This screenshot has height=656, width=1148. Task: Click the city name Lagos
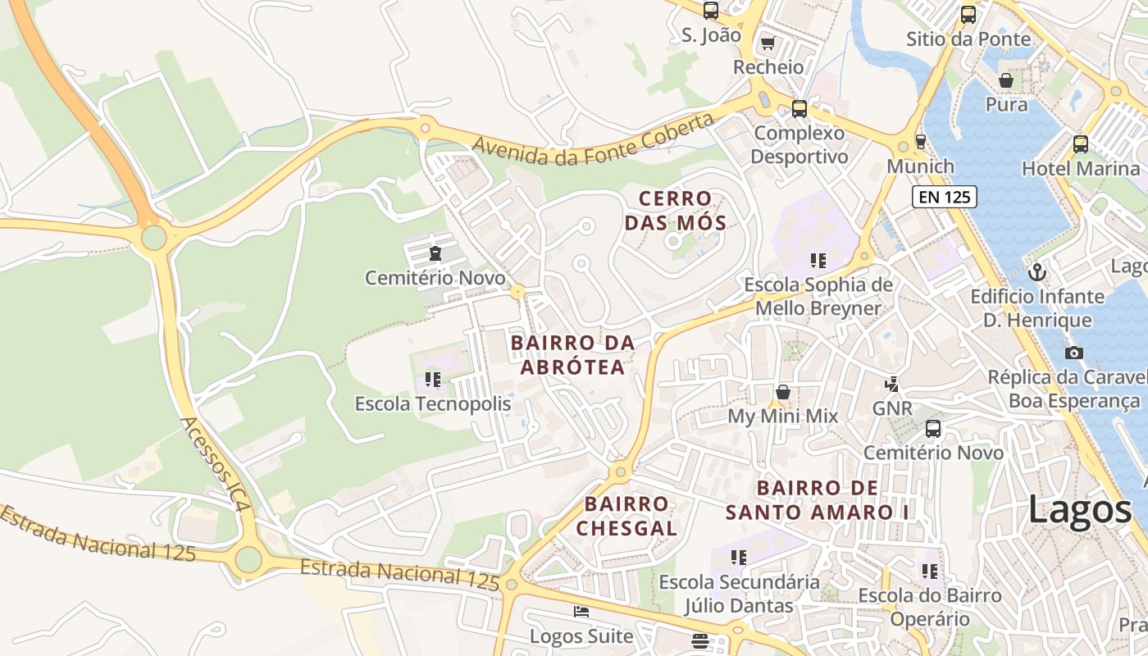tap(1079, 510)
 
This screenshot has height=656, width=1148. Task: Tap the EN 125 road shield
tap(944, 197)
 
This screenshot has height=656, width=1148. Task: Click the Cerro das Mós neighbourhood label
tap(675, 211)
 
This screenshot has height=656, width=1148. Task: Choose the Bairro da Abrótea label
tap(572, 354)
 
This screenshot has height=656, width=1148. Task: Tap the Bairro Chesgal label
tap(626, 516)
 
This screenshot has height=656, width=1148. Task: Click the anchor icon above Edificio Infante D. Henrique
tap(1037, 271)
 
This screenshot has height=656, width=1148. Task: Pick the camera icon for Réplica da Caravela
tap(1073, 353)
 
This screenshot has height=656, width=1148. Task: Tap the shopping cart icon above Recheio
tap(768, 43)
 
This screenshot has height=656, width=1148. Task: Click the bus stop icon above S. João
tap(711, 11)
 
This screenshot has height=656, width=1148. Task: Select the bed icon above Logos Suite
tap(581, 612)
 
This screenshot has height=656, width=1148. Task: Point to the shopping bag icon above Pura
tap(1006, 80)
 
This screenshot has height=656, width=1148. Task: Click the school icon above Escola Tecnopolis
tap(433, 380)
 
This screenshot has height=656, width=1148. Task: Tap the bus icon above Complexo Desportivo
tap(799, 108)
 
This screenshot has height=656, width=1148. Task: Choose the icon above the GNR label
tap(892, 384)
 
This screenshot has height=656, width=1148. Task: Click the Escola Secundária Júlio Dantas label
tap(739, 594)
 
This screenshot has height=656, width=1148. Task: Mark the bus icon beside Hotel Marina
tap(1081, 144)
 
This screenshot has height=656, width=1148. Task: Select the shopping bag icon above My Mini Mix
tap(783, 392)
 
